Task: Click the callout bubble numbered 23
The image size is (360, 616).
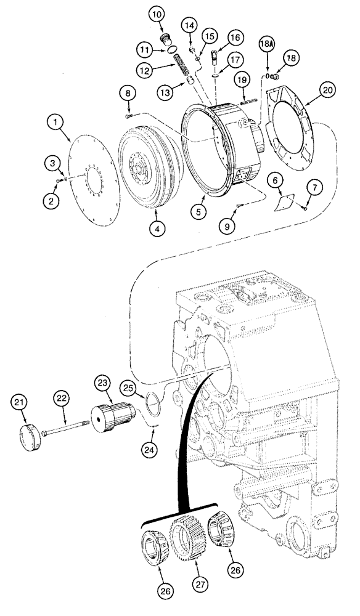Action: pos(102,383)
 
